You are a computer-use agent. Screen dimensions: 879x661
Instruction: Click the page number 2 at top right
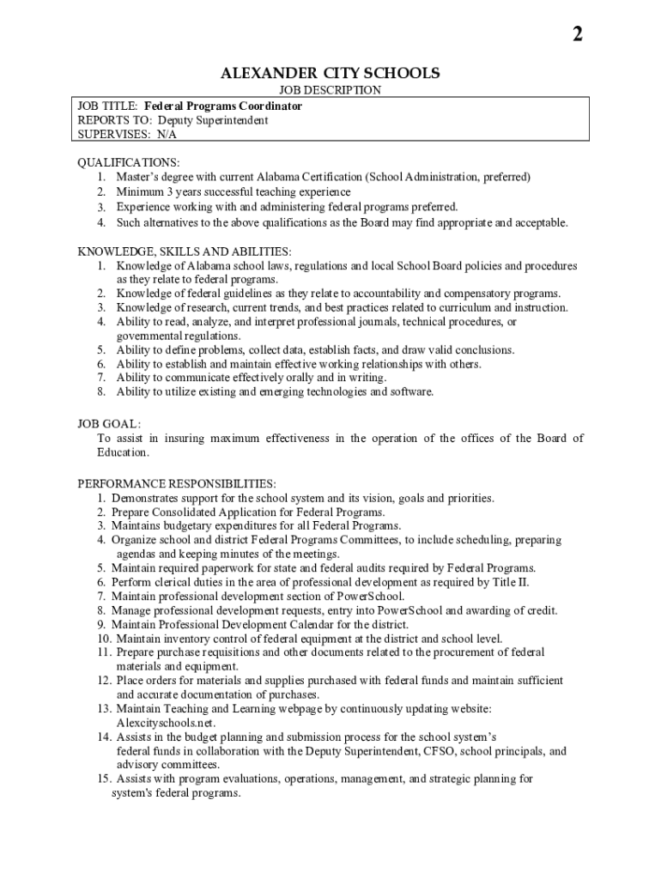click(x=578, y=34)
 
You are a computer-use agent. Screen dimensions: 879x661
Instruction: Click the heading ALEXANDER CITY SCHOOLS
click(x=330, y=73)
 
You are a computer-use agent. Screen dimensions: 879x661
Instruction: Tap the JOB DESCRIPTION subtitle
click(x=330, y=90)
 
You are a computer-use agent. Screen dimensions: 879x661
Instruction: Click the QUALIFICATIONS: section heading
click(x=129, y=162)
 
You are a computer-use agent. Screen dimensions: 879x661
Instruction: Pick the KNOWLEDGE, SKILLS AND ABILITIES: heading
click(x=184, y=252)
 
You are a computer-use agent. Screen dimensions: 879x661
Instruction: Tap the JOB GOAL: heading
click(x=109, y=424)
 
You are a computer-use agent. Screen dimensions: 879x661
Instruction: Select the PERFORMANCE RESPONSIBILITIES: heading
click(x=177, y=484)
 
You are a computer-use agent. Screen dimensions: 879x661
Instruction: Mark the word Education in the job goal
click(x=123, y=452)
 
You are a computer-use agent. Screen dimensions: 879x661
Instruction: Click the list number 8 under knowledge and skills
click(x=100, y=391)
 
